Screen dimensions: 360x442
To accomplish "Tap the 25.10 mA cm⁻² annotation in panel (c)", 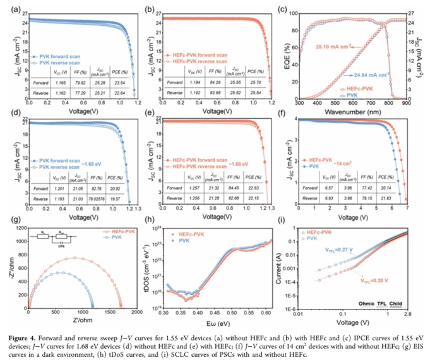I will click(x=342, y=46).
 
